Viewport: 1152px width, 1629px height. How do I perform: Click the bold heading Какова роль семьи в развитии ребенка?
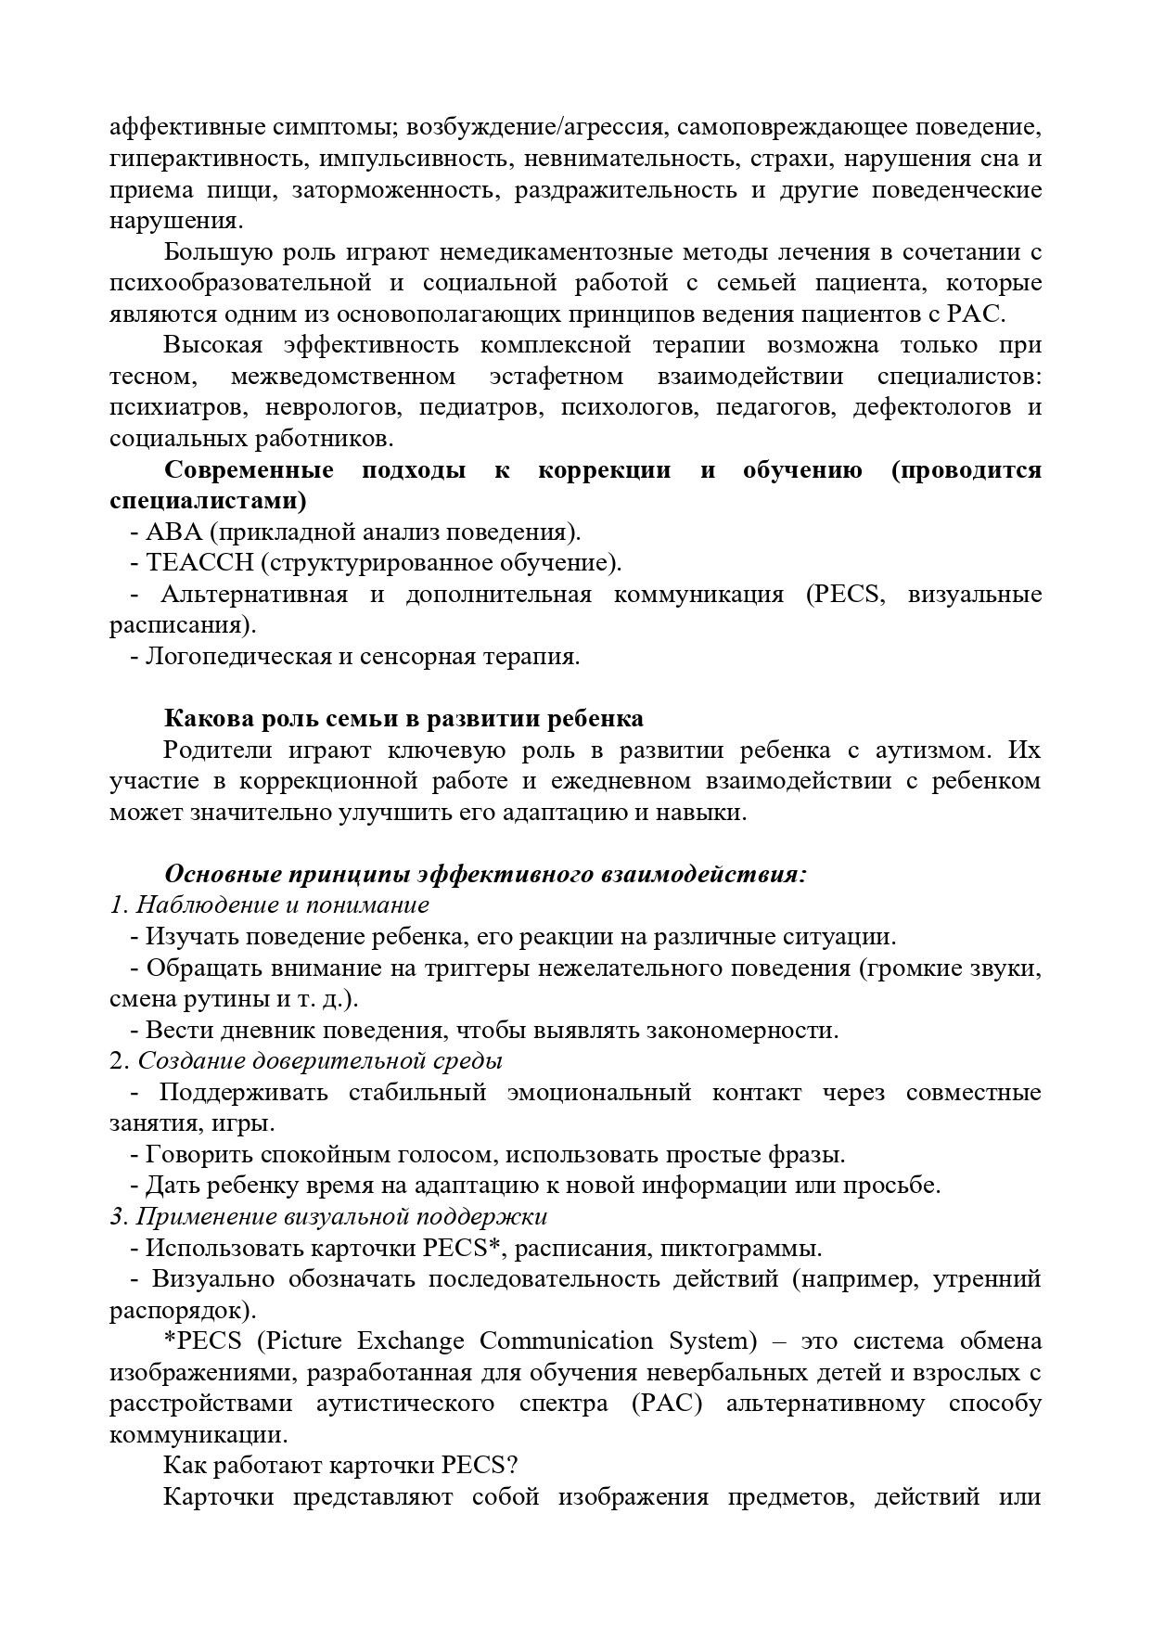point(403,719)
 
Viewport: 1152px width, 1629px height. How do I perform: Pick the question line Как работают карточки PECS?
point(340,1466)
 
